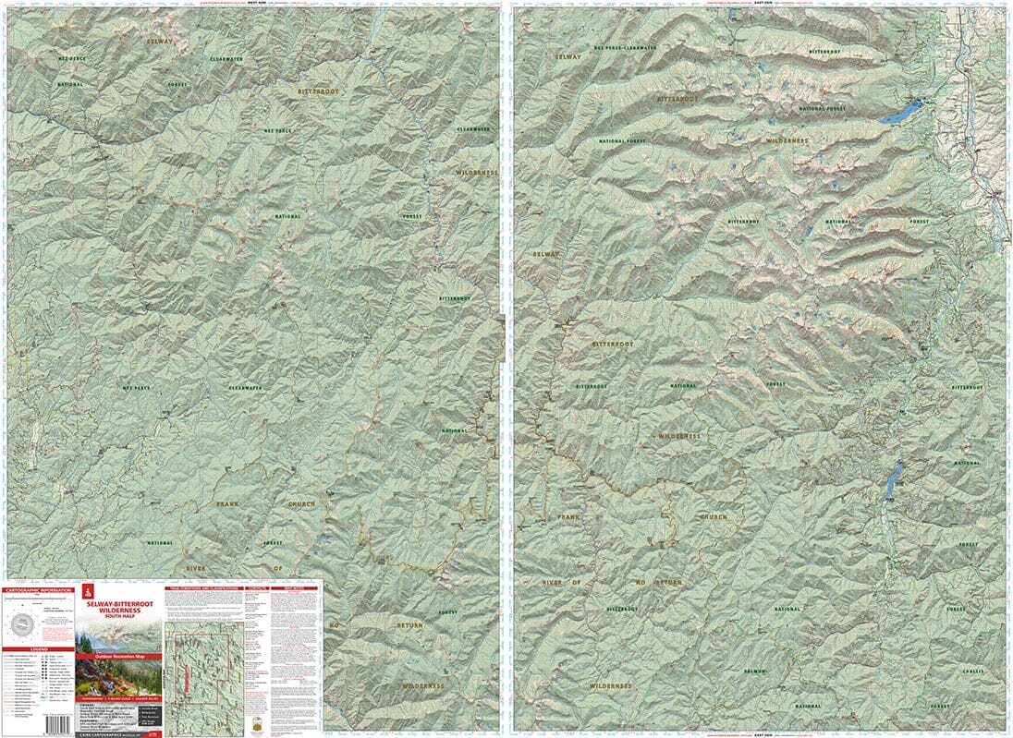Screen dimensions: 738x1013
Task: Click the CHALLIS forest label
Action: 971,672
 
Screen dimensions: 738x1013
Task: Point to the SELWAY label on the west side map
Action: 159,42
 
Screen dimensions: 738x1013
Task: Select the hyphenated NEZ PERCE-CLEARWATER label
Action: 626,47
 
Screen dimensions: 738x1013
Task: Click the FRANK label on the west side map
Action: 227,504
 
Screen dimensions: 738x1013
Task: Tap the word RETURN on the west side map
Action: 410,625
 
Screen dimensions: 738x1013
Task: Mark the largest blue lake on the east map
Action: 900,114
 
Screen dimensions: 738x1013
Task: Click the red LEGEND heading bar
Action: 38,648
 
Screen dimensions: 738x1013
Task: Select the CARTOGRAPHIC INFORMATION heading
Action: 38,589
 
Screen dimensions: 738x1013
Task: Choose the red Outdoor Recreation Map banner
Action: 117,657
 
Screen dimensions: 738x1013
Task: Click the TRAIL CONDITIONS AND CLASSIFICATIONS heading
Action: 203,587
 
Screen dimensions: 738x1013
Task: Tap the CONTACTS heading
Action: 258,587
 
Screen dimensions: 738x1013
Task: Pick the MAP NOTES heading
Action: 296,587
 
